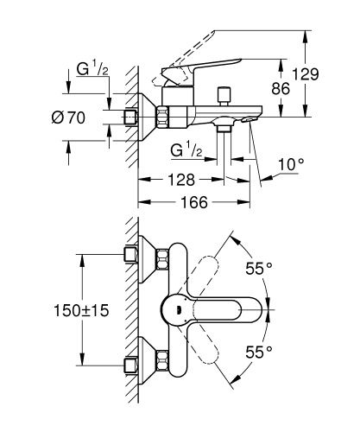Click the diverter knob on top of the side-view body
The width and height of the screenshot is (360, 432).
tap(228, 92)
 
